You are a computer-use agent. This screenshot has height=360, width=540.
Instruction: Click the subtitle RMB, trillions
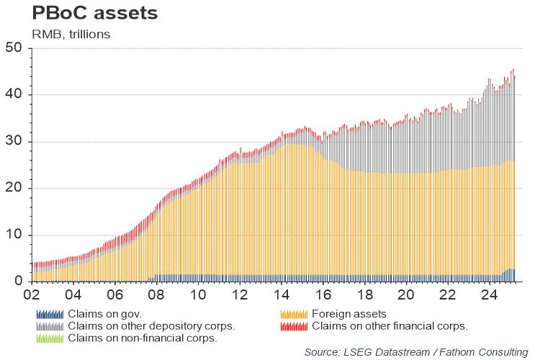point(70,33)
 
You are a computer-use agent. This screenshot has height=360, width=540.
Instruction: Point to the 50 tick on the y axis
point(14,48)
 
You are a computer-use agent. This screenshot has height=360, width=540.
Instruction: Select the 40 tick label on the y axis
point(14,95)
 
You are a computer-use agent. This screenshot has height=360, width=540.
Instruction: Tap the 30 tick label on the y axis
point(14,142)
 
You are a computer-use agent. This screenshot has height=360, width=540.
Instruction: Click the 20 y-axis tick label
point(14,189)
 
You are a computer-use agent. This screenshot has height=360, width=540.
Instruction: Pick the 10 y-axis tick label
point(14,235)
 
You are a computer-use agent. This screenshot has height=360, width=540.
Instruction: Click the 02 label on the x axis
point(32,295)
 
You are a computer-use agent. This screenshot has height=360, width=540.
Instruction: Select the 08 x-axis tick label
point(156,295)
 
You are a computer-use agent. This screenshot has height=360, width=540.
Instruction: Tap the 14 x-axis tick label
point(282,295)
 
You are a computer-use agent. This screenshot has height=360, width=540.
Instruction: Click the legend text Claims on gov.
point(104,314)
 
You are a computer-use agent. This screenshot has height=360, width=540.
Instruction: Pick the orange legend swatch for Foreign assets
point(293,314)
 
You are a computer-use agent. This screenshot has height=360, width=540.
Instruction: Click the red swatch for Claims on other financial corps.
point(293,325)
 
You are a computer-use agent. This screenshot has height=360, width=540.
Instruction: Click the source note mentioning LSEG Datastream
point(416,351)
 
